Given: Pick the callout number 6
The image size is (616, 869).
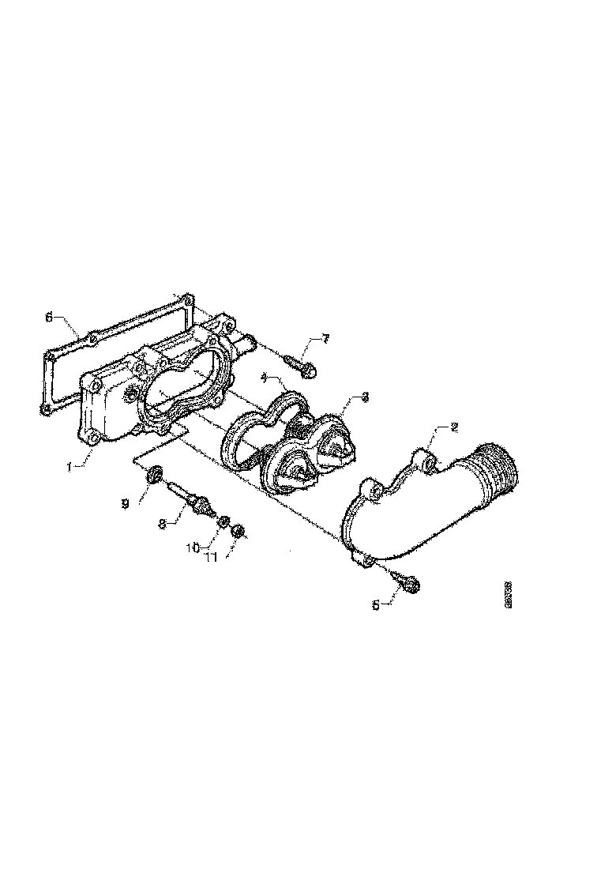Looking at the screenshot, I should coord(49,318).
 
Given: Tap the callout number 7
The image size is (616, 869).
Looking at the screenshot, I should coord(325,339).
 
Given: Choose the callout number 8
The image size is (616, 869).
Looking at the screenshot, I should coord(162,522).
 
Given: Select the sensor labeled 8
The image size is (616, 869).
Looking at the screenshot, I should coord(194,500).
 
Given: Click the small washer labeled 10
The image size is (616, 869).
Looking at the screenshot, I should coord(224,521).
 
